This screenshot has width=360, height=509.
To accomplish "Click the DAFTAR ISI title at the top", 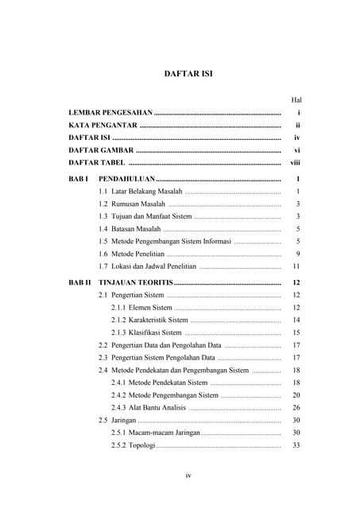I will coord(188,74).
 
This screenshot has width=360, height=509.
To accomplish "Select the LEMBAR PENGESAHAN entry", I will coord(110,115).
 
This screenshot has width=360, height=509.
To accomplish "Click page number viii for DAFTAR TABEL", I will coord(296,162).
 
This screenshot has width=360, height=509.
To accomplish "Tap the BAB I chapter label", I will coord(77,181).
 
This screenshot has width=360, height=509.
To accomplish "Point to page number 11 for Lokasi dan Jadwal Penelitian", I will coord(296,266).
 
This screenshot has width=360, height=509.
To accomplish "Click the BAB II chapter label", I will coord(79,283).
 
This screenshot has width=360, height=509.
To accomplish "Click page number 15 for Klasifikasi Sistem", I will coord(296,332).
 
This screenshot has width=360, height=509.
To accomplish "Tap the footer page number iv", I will coord(188,476).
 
